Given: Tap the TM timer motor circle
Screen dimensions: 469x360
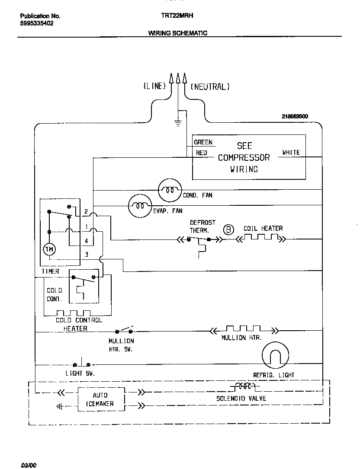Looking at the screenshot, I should pyautogui.click(x=49, y=249).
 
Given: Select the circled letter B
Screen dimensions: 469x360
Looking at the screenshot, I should pyautogui.click(x=228, y=230).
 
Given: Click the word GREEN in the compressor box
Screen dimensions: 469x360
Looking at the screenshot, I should pyautogui.click(x=203, y=142).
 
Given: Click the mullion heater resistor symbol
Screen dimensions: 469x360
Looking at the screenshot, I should pyautogui.click(x=243, y=330).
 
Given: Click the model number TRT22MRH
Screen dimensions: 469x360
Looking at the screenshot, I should pyautogui.click(x=177, y=16).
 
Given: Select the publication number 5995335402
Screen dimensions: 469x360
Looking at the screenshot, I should pyautogui.click(x=37, y=24).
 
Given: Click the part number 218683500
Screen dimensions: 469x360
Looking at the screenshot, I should pyautogui.click(x=295, y=117).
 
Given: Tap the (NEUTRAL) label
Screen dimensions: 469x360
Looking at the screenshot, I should pyautogui.click(x=210, y=86).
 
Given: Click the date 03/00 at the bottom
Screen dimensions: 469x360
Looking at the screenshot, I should pyautogui.click(x=29, y=465).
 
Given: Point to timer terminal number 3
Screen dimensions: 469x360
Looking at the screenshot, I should pyautogui.click(x=87, y=255).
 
